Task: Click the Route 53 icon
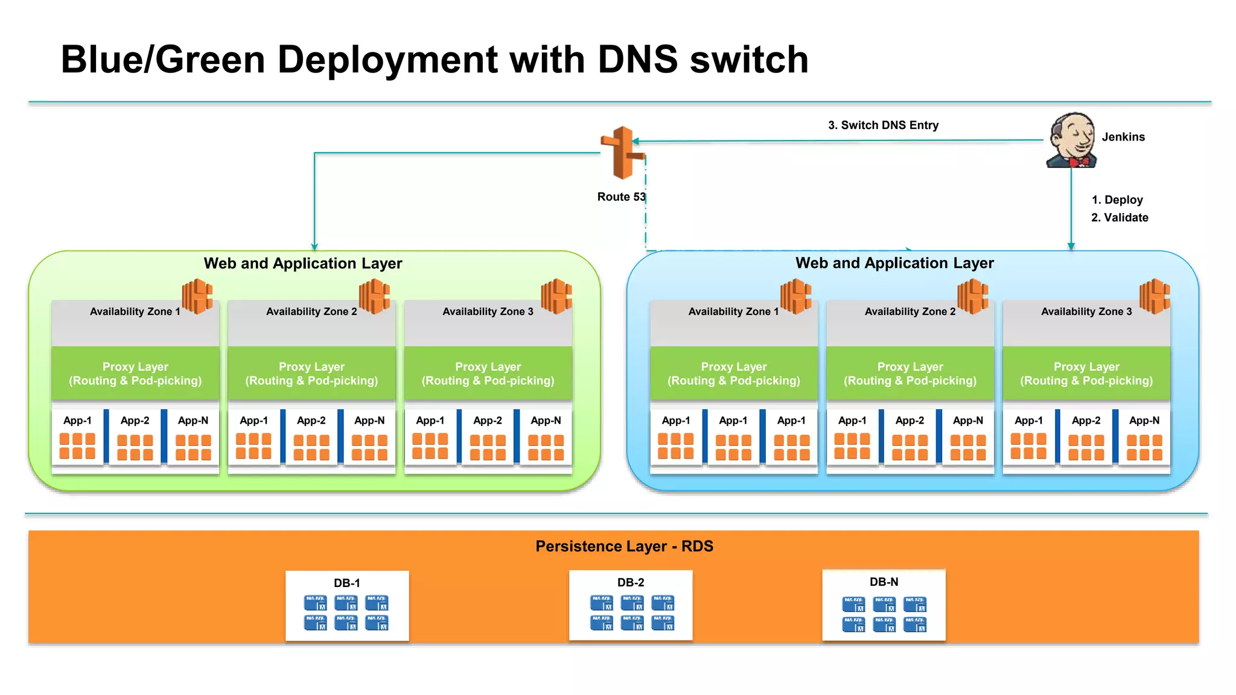(x=622, y=153)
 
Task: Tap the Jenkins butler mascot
(x=1072, y=140)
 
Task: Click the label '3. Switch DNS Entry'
(x=883, y=125)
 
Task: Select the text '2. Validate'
(x=1120, y=217)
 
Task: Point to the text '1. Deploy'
(x=1117, y=200)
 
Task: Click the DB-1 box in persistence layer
(x=347, y=606)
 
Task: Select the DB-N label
(x=884, y=582)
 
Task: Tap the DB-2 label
(x=631, y=583)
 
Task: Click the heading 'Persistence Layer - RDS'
(x=624, y=546)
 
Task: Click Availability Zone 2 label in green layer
(x=311, y=311)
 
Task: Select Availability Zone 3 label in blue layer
(x=1086, y=311)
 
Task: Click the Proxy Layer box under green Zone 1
(x=135, y=373)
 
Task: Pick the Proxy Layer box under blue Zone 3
(x=1086, y=373)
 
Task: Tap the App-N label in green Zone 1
(x=193, y=420)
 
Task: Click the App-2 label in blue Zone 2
(x=909, y=420)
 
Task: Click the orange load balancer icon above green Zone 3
(x=556, y=296)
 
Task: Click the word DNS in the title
(x=637, y=60)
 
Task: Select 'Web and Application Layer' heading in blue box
(x=894, y=263)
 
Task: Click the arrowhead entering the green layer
(x=314, y=247)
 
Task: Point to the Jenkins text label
(x=1123, y=137)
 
